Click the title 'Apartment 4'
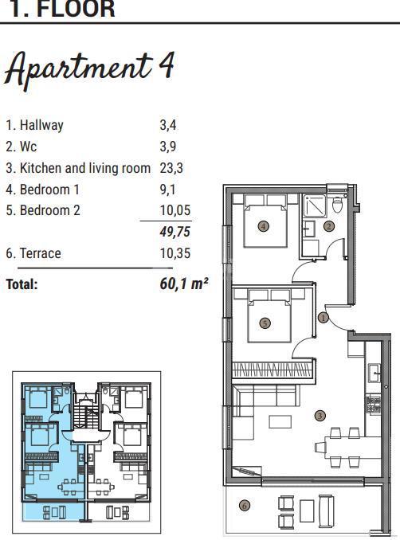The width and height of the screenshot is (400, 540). pyautogui.click(x=89, y=69)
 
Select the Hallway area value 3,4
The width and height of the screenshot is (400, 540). pyautogui.click(x=169, y=125)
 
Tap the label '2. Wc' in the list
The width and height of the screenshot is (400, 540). pyautogui.click(x=21, y=147)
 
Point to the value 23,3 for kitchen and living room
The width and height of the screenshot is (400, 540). pyautogui.click(x=173, y=168)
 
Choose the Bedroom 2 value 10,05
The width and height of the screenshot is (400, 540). pyautogui.click(x=175, y=211)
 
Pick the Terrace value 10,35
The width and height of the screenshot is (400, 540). pyautogui.click(x=175, y=254)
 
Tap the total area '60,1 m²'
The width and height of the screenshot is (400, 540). pyautogui.click(x=184, y=283)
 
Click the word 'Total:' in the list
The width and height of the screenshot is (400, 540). pyautogui.click(x=22, y=284)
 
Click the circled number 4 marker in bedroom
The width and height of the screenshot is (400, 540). pyautogui.click(x=264, y=226)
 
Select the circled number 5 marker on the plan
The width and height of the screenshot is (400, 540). pyautogui.click(x=265, y=323)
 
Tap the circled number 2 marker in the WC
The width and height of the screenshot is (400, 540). pyautogui.click(x=328, y=226)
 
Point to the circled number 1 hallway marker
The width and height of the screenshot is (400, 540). pyautogui.click(x=323, y=317)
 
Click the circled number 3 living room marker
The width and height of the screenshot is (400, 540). pyautogui.click(x=320, y=415)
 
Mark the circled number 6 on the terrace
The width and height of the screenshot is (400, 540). pyautogui.click(x=244, y=504)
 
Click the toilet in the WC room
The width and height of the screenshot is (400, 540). pyautogui.click(x=337, y=205)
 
